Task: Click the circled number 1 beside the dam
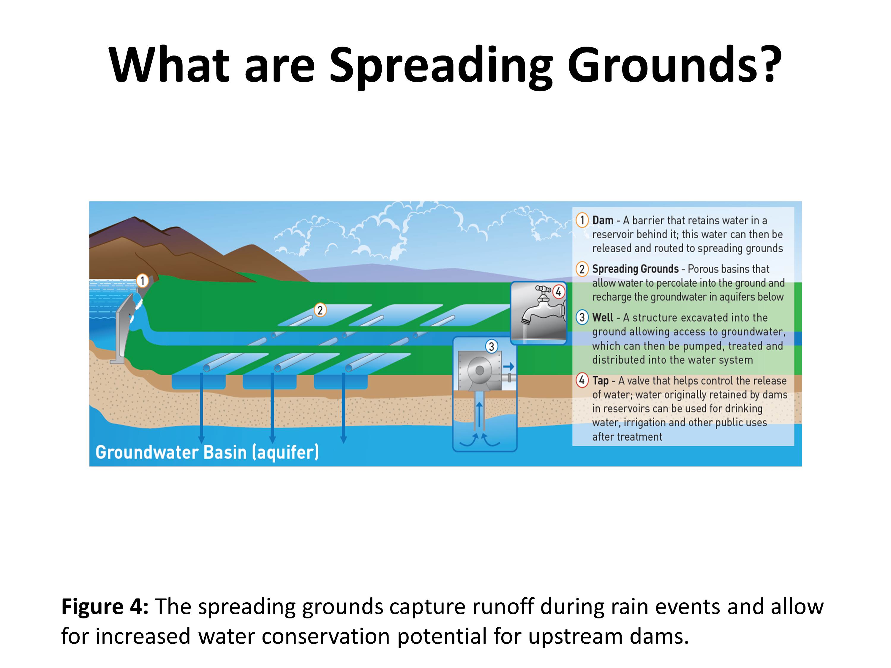point(142,281)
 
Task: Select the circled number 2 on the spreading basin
point(320,310)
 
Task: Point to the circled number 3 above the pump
point(491,346)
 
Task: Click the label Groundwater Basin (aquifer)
point(207,452)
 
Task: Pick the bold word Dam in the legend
point(603,220)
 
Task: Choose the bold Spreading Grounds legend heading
point(635,269)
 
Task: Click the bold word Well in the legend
point(603,317)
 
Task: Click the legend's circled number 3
point(582,317)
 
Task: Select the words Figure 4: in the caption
point(105,606)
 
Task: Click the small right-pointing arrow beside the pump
point(509,366)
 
